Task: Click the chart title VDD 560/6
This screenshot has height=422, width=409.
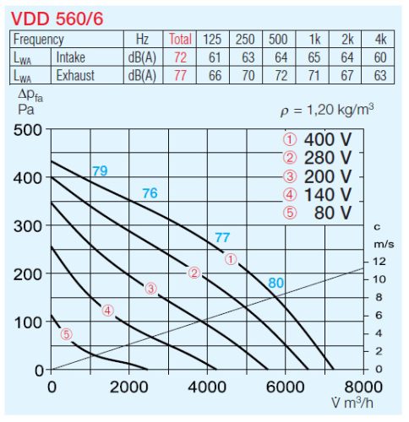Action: point(57,17)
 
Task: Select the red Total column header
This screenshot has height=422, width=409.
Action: point(181,39)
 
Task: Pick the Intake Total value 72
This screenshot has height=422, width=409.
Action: point(181,57)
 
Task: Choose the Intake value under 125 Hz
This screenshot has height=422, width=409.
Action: point(212,57)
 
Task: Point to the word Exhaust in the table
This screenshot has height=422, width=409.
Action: point(75,75)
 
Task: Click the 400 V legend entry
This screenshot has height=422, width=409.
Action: point(317,139)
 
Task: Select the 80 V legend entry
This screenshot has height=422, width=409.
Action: point(317,213)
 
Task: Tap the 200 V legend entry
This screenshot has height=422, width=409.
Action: point(317,176)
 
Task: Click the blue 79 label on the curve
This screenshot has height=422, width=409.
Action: point(100,171)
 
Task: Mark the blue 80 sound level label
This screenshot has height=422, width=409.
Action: point(276,283)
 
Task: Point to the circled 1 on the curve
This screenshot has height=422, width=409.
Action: point(232,259)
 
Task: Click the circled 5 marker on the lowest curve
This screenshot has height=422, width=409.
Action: point(66,334)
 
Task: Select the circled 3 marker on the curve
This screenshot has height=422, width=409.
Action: point(150,289)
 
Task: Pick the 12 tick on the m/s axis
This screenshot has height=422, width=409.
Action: point(379,261)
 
